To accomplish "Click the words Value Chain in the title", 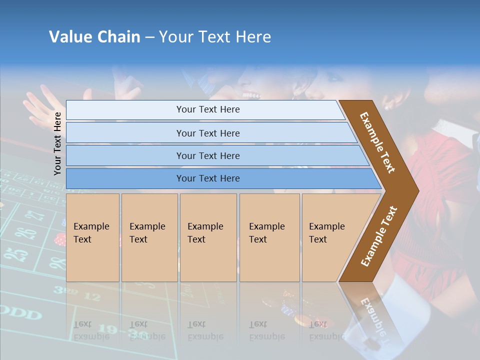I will (94, 37).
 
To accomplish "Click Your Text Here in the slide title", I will (215, 37).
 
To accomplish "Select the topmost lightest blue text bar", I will (207, 109).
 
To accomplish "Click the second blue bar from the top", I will (207, 133).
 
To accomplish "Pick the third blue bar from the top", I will (207, 155).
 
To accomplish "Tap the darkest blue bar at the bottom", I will (207, 178).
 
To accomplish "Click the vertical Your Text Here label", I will (57, 143).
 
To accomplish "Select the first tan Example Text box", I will (92, 237).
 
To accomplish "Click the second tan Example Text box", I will (149, 237).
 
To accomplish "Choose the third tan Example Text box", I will (207, 237).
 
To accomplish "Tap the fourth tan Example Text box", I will (269, 237).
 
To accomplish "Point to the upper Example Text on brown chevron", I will (377, 142).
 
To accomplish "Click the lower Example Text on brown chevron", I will (378, 236).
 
